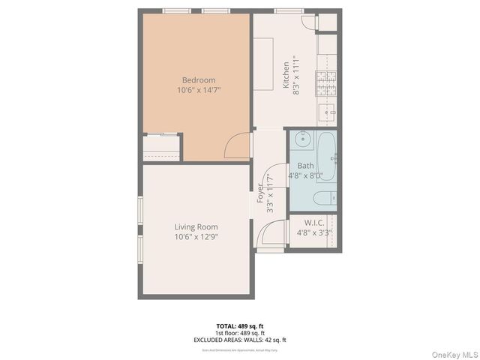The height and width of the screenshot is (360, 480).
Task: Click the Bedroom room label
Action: [199, 80]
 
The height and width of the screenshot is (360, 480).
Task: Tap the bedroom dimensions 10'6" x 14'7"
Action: [199, 90]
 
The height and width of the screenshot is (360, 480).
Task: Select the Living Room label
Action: [196, 227]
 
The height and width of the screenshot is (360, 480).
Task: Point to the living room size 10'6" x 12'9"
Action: [196, 237]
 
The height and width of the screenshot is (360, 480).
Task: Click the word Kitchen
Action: [286, 75]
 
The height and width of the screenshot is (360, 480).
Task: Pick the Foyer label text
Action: [261, 194]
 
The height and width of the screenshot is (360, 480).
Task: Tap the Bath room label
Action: [305, 166]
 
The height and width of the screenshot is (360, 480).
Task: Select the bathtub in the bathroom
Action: [326, 156]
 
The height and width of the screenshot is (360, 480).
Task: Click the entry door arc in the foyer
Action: [271, 233]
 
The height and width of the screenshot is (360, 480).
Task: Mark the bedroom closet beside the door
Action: [161, 148]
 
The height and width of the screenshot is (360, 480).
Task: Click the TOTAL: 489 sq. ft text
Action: [240, 326]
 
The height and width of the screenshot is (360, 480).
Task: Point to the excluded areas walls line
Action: [240, 340]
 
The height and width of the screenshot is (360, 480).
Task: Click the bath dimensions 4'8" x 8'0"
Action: [305, 176]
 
